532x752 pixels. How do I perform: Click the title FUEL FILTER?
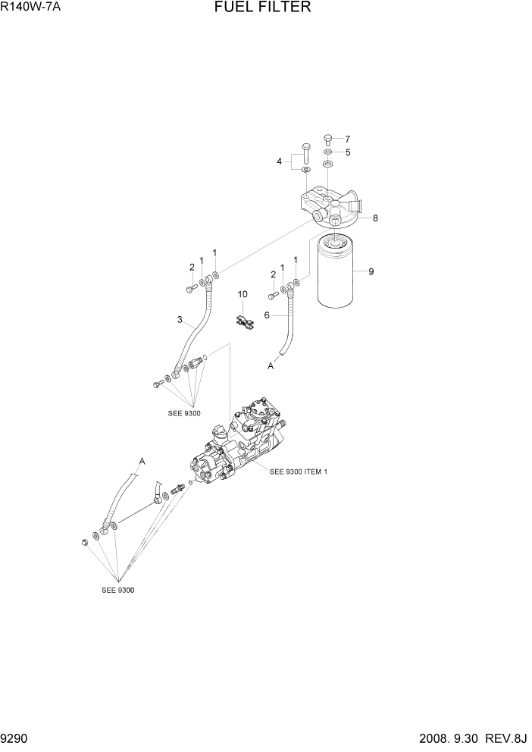(x=263, y=8)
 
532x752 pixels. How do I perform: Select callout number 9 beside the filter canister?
(x=371, y=271)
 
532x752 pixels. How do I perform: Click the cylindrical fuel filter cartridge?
(x=336, y=274)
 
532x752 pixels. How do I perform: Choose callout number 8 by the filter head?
(x=374, y=218)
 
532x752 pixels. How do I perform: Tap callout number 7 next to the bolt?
(x=348, y=139)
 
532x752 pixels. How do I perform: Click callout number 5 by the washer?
(x=348, y=152)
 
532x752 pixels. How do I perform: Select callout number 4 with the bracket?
(x=280, y=161)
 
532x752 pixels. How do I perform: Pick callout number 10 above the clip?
(x=243, y=293)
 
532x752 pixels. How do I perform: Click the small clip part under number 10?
(x=245, y=322)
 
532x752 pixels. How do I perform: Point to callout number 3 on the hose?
(x=180, y=320)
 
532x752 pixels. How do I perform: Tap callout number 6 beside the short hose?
(x=267, y=315)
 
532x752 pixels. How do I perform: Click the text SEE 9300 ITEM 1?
(x=299, y=472)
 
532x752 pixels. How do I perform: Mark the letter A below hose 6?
(x=271, y=365)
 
